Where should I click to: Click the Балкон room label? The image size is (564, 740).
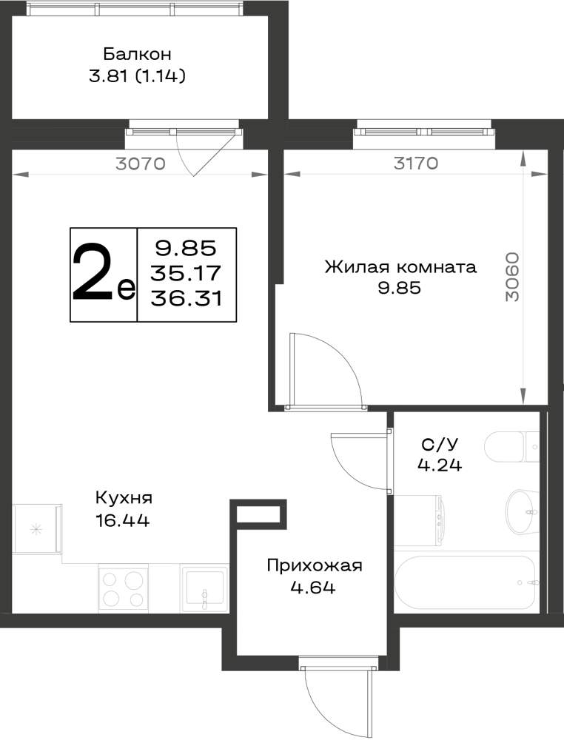tap(137, 54)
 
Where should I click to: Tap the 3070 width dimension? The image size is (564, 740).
tap(141, 164)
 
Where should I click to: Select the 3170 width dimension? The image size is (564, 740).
tap(416, 164)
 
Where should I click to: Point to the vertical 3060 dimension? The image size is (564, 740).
tap(511, 277)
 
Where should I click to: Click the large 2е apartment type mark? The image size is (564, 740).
tap(104, 273)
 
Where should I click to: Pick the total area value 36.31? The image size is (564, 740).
tap(187, 298)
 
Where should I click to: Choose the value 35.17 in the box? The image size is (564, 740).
tap(186, 272)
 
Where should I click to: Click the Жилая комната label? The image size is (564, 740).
tap(400, 267)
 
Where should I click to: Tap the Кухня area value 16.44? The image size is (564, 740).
tap(122, 520)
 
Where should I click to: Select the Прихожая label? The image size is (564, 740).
tap(315, 565)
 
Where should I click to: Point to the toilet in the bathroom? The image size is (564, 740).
tap(511, 447)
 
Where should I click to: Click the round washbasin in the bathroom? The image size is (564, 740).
tap(522, 512)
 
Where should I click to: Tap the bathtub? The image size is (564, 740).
tap(466, 582)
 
